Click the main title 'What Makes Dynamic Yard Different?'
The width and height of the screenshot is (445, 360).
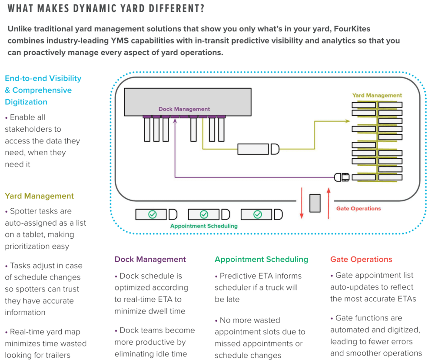click(x=106, y=9)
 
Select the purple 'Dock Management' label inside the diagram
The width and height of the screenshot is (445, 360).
click(x=184, y=109)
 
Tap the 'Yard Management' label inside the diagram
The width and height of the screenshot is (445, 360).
click(x=377, y=95)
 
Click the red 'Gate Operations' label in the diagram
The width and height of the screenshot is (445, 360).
click(x=358, y=209)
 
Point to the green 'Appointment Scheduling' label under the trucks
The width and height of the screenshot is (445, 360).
click(x=204, y=226)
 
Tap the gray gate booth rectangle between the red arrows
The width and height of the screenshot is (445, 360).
click(x=315, y=203)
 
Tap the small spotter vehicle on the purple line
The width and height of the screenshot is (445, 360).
click(x=342, y=177)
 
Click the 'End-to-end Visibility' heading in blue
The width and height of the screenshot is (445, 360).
click(x=43, y=78)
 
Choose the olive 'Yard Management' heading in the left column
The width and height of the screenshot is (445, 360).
click(x=39, y=196)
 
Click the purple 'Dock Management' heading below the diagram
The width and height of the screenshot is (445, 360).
click(x=150, y=260)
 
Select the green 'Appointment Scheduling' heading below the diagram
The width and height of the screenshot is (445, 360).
click(x=261, y=260)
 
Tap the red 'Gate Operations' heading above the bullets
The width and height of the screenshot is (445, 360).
click(x=361, y=260)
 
